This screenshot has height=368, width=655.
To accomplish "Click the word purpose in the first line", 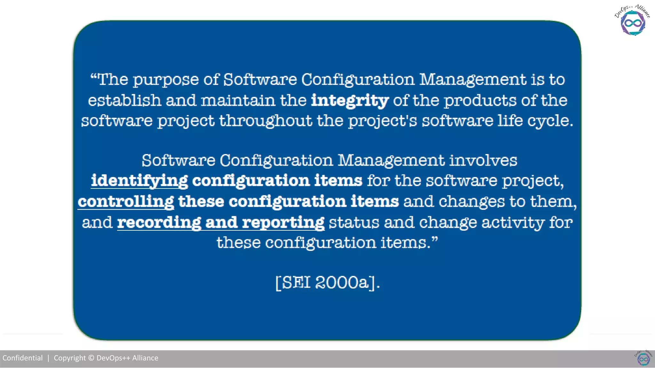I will click(165, 80).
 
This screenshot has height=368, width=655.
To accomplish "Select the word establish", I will click(124, 100).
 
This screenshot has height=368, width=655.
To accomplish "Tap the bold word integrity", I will click(350, 101).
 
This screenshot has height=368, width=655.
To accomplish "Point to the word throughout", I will click(265, 121).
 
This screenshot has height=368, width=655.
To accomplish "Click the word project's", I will click(383, 121).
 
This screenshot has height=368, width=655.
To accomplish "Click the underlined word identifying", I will click(139, 181).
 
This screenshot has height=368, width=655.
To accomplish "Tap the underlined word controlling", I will click(126, 202).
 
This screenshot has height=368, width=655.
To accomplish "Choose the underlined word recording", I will click(159, 222).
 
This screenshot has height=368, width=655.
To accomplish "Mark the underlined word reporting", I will click(283, 223).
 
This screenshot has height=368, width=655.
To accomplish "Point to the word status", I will click(354, 222).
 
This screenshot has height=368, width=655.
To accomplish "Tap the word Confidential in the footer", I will click(22, 358).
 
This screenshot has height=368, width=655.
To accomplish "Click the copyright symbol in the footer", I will click(91, 358).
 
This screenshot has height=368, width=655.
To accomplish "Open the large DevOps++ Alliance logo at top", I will click(633, 21).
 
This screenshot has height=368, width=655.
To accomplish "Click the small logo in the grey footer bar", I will click(643, 358).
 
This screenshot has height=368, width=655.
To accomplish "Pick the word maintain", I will click(238, 100).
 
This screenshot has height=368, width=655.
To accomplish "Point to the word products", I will click(480, 101).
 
